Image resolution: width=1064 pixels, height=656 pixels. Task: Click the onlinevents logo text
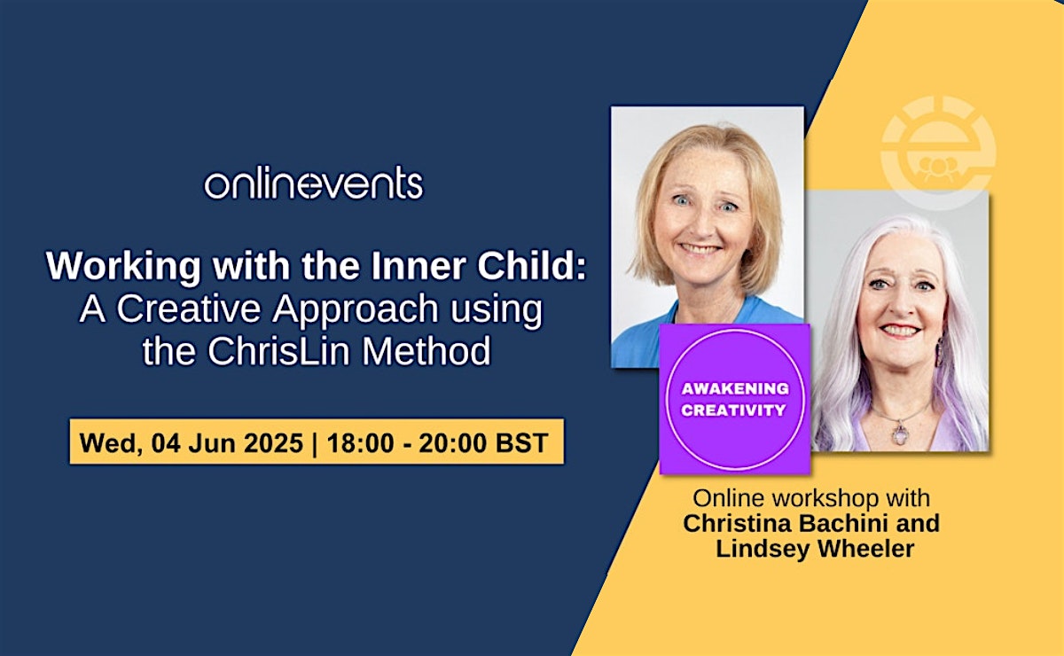314,183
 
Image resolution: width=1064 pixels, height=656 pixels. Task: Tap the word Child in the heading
532,266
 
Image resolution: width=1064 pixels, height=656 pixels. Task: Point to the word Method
426,350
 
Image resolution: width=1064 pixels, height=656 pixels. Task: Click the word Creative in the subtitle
189,308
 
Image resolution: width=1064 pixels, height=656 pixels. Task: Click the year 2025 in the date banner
274,442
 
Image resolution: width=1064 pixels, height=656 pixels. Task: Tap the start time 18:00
361,442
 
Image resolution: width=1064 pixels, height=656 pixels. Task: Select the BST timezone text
522,442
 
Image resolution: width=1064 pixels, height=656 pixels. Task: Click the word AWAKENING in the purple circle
735,388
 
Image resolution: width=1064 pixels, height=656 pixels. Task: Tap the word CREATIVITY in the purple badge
734,410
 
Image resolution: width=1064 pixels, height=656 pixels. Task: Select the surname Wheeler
865,548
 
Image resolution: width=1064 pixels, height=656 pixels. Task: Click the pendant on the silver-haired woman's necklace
900,433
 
